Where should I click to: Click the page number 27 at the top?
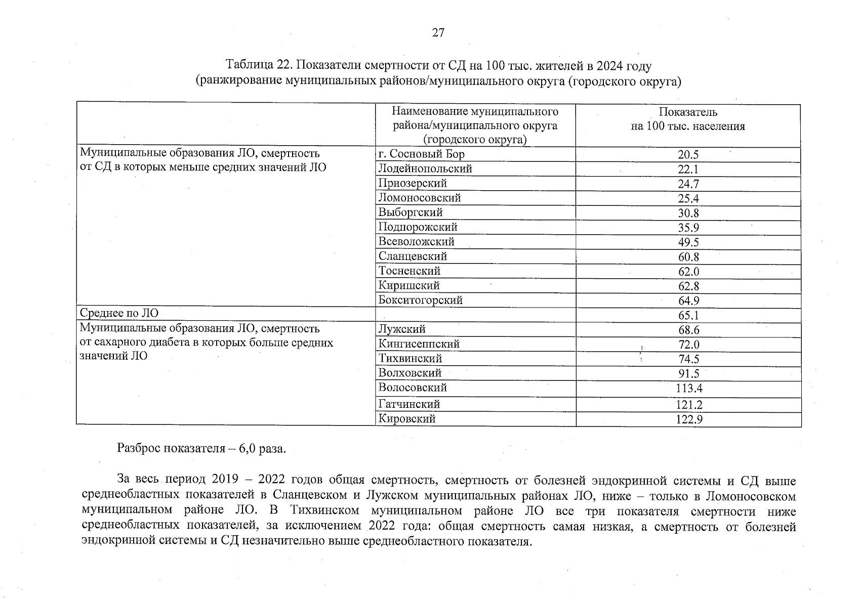click(x=438, y=33)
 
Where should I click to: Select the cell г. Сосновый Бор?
click(x=421, y=154)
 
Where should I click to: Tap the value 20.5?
click(x=688, y=155)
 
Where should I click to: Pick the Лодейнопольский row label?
click(x=425, y=169)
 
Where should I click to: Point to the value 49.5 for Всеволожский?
click(x=688, y=243)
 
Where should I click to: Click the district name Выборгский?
click(x=411, y=213)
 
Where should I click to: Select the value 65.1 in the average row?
click(x=688, y=316)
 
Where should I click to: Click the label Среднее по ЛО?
click(x=119, y=314)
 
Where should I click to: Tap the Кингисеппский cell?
click(x=419, y=344)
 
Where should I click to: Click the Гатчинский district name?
click(x=409, y=404)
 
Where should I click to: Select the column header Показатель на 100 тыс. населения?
click(x=688, y=119)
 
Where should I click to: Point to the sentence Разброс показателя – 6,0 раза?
click(x=201, y=449)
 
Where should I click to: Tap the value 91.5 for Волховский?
click(x=688, y=374)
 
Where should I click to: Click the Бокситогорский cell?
click(x=420, y=300)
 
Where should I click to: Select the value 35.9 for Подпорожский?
click(x=688, y=228)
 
